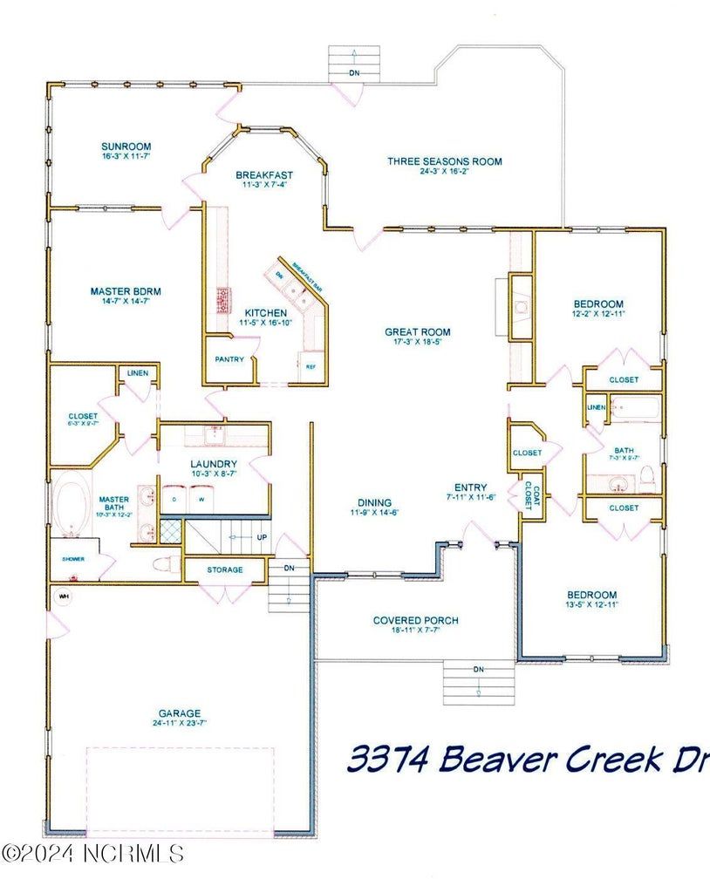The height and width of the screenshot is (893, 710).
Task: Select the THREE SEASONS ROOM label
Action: click(x=445, y=161)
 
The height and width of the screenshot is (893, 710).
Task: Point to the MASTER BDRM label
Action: click(x=126, y=292)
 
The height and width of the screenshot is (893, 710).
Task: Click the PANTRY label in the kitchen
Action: click(x=230, y=359)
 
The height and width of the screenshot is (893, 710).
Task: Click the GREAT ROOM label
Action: click(x=418, y=331)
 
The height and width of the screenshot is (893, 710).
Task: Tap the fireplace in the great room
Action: click(x=522, y=307)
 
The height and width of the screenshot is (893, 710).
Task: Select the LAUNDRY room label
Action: click(x=214, y=464)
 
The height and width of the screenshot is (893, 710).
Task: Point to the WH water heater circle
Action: click(x=63, y=596)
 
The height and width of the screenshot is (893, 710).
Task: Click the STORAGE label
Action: click(x=224, y=570)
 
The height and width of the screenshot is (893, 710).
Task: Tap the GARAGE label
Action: click(x=179, y=712)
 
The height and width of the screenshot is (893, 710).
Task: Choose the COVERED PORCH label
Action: click(x=416, y=621)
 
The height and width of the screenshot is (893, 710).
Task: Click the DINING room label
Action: click(x=374, y=502)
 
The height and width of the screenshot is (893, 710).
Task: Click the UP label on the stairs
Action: click(x=262, y=538)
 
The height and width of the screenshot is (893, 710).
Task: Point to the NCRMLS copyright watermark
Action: click(x=93, y=852)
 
